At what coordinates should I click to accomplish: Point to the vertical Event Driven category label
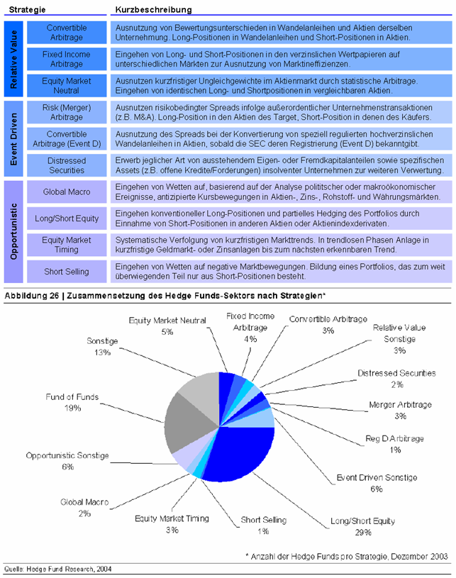tap(14, 139)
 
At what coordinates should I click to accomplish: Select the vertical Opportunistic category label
tap(14, 230)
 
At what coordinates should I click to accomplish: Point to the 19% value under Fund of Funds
tap(72, 409)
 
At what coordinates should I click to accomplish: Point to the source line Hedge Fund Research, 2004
tap(71, 569)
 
